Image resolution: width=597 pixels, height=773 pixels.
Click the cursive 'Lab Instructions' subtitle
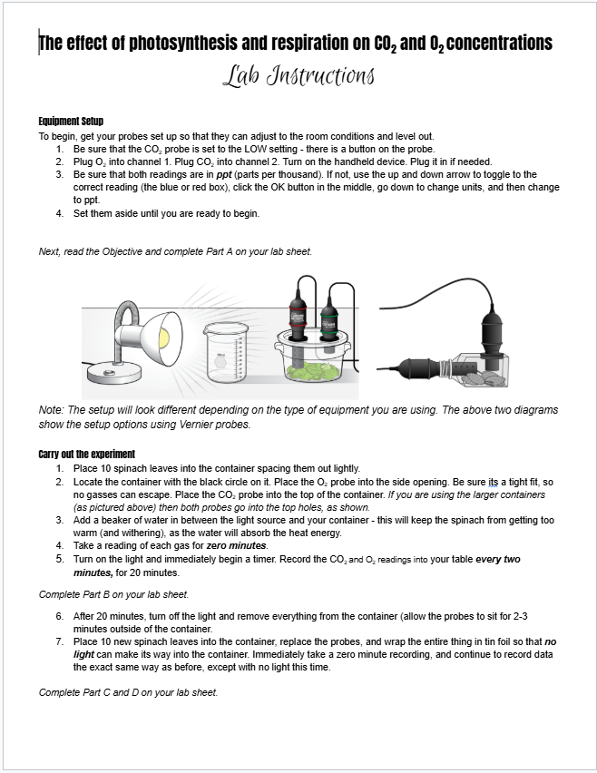(x=298, y=76)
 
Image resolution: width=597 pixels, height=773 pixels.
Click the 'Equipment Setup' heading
(x=71, y=122)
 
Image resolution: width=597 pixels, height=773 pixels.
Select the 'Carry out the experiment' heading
(x=87, y=454)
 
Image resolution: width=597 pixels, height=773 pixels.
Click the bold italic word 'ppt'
(x=224, y=174)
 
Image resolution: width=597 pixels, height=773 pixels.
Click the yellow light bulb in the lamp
(x=163, y=337)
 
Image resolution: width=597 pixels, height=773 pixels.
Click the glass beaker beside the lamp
(x=225, y=353)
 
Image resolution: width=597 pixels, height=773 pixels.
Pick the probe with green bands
(x=328, y=323)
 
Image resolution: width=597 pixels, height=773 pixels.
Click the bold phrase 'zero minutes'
(x=236, y=546)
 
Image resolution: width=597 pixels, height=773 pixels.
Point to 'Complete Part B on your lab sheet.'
(x=114, y=594)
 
